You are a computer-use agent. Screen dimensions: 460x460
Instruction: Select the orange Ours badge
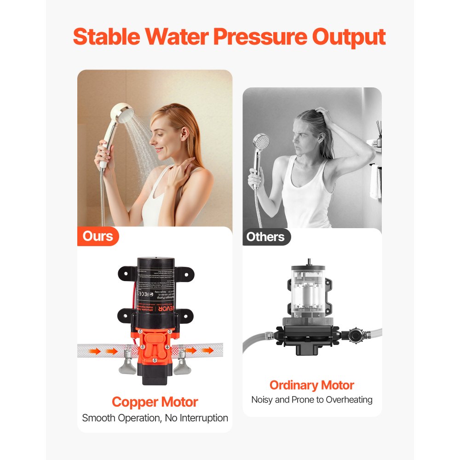tap(98, 236)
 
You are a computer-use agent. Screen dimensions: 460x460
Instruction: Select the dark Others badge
tap(265, 237)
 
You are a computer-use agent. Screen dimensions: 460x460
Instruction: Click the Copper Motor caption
tap(155, 402)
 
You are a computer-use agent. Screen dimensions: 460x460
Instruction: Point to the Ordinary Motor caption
tap(311, 385)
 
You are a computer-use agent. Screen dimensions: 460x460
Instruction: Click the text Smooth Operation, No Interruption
tap(155, 418)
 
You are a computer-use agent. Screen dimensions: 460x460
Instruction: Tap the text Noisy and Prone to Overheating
tap(311, 400)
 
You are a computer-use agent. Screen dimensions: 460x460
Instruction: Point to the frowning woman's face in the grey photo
tap(306, 136)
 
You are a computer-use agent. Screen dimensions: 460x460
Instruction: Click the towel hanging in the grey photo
tap(375, 182)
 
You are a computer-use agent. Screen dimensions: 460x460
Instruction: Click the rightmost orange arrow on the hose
tap(208, 351)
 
